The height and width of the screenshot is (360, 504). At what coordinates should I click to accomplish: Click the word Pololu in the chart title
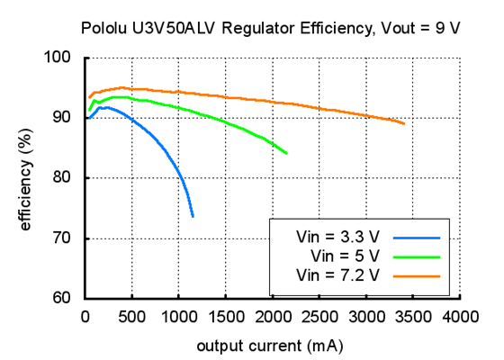click(104, 28)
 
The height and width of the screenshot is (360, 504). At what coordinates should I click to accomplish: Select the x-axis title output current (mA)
click(271, 344)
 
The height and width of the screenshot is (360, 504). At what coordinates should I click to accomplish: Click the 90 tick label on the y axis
click(62, 118)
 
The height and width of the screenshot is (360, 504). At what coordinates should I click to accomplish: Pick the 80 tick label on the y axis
click(62, 178)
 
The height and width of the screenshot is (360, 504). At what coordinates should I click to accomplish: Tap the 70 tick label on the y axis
click(62, 238)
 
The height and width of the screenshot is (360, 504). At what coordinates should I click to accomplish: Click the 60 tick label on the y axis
click(62, 298)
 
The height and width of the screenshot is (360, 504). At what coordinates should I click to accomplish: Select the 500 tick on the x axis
click(131, 317)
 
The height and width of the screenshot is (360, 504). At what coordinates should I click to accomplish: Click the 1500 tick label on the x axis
click(225, 317)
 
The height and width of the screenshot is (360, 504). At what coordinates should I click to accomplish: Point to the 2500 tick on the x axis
click(319, 317)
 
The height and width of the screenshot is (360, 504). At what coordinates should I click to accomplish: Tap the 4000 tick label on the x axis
click(460, 317)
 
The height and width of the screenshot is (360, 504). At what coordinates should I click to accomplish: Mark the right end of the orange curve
click(404, 124)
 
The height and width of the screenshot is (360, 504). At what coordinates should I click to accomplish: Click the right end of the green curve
click(287, 153)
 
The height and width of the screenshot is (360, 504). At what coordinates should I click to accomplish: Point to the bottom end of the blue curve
click(193, 216)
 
